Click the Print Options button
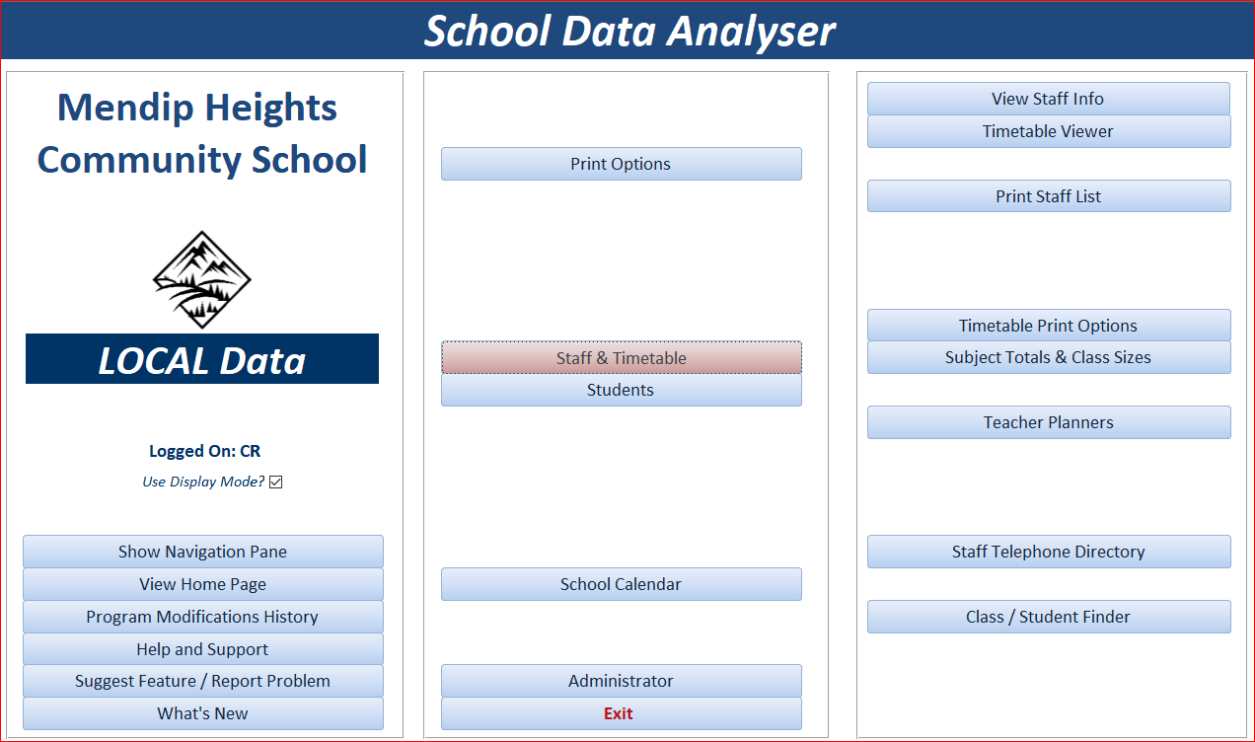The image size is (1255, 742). tap(622, 164)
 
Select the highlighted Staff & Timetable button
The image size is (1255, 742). tap(622, 357)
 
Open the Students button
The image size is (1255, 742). tap(622, 390)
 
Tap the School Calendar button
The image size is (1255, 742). tap(622, 584)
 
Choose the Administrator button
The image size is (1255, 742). tap(622, 681)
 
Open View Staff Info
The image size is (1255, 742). tap(1049, 99)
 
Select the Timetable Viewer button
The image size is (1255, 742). tap(1049, 131)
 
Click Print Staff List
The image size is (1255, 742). tap(1049, 196)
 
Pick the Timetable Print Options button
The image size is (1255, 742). tap(1049, 325)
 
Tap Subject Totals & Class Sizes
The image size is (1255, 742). tap(1049, 357)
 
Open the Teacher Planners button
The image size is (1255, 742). tap(1049, 422)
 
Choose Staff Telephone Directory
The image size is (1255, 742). tap(1049, 552)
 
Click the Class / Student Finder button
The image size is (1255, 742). tap(1049, 617)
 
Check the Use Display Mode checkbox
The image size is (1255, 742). tap(275, 482)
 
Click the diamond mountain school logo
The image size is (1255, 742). tap(201, 279)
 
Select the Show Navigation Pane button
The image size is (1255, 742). tap(203, 552)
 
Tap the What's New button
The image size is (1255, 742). tap(203, 713)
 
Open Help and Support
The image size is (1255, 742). tap(203, 649)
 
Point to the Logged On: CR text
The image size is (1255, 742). tap(204, 451)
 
